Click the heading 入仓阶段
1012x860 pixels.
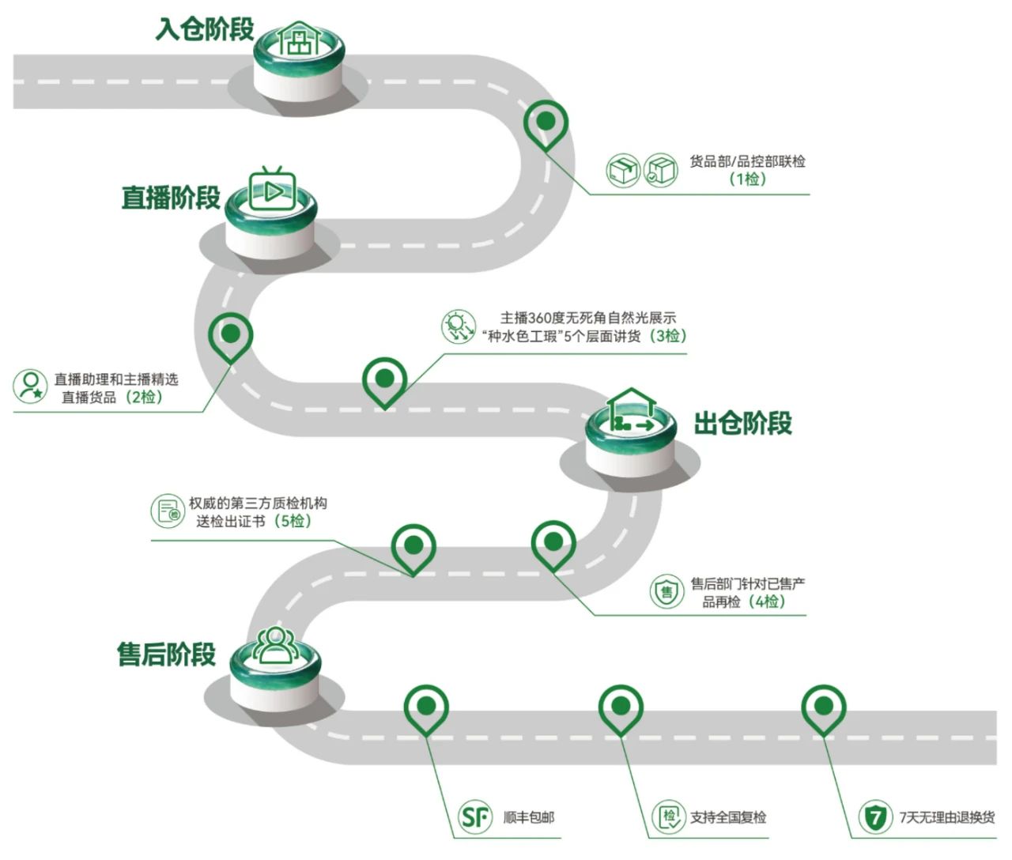[x=205, y=29]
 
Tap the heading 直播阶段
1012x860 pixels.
[x=171, y=198]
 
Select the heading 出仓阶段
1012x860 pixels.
[x=742, y=424]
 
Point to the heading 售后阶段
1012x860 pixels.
[x=166, y=654]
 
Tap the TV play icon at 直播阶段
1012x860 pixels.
[x=272, y=189]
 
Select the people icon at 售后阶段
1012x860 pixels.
[x=274, y=643]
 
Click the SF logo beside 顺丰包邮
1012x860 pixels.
[x=475, y=817]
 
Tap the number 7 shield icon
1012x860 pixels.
[x=874, y=817]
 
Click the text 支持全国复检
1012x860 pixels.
[x=727, y=817]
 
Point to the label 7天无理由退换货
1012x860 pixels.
[x=946, y=817]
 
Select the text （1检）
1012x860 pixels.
[x=747, y=179]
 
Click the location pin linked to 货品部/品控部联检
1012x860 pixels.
[x=546, y=123]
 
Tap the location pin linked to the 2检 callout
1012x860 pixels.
[x=231, y=334]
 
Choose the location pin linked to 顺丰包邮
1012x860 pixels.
[x=426, y=707]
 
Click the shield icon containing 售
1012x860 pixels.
[x=666, y=590]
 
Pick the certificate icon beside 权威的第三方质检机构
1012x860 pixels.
[x=168, y=511]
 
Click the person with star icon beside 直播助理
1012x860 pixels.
[x=31, y=386]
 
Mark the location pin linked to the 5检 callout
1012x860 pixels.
[x=413, y=545]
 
